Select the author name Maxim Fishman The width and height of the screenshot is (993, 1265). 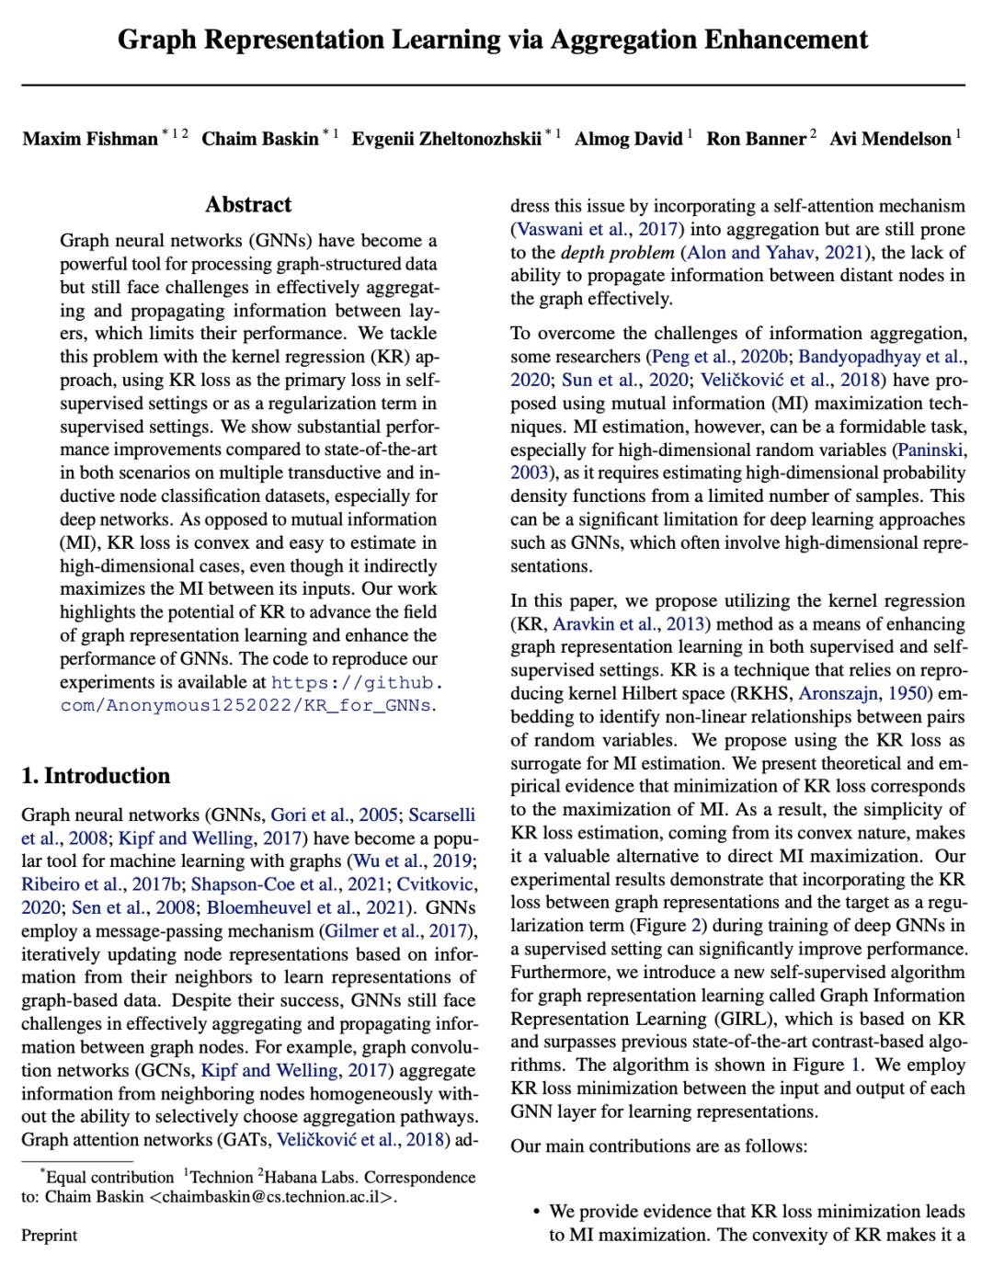pos(90,139)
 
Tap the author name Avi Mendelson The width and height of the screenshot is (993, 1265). pos(890,139)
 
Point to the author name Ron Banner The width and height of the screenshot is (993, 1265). pos(756,139)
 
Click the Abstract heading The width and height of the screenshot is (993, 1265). pos(248,204)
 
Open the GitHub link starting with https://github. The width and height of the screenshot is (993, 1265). pos(357,682)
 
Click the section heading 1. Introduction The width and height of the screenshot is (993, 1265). pos(96,776)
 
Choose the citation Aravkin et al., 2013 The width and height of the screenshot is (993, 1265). pos(629,623)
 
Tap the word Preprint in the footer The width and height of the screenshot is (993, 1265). pos(50,1236)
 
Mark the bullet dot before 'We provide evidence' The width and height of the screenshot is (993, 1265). pos(536,1212)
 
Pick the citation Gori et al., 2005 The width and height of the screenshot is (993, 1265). pos(334,815)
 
